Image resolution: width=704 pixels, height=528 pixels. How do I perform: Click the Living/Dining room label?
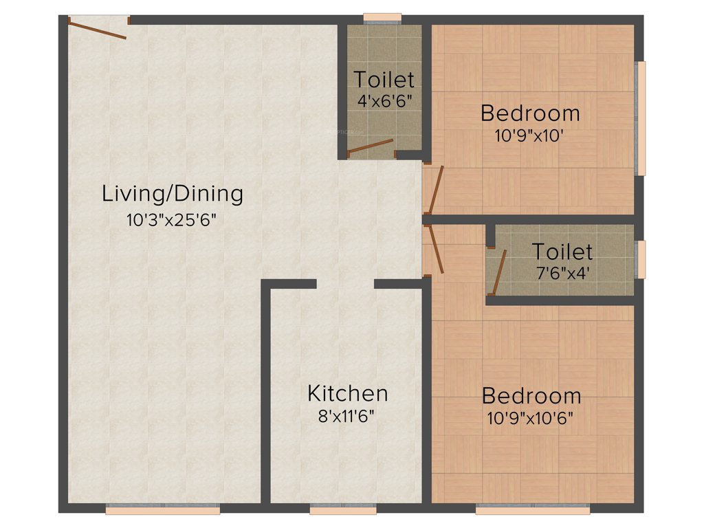pyautogui.click(x=173, y=194)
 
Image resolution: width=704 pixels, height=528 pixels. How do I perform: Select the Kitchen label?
pyautogui.click(x=347, y=394)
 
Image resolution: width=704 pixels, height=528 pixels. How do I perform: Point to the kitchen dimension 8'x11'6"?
pyautogui.click(x=347, y=417)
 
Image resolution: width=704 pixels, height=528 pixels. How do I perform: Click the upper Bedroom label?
pyautogui.click(x=530, y=113)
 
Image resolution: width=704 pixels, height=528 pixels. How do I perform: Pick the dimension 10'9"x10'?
pyautogui.click(x=530, y=135)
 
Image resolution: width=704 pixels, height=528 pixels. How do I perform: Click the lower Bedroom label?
pyautogui.click(x=531, y=396)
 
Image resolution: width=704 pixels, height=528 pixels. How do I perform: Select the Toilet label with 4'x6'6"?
pyautogui.click(x=384, y=79)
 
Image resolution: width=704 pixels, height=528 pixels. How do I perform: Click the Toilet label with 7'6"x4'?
pyautogui.click(x=562, y=251)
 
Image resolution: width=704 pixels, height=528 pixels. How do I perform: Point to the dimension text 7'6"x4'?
pyautogui.click(x=562, y=272)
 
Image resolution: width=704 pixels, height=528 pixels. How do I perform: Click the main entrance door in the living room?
pyautogui.click(x=97, y=29)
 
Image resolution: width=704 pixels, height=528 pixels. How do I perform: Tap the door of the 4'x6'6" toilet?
pyautogui.click(x=371, y=146)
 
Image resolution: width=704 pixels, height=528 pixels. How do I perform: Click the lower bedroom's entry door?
pyautogui.click(x=435, y=250)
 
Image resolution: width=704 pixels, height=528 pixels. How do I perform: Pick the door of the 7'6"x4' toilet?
pyautogui.click(x=500, y=272)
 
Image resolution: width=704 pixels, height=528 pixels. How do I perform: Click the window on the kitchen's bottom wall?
pyautogui.click(x=343, y=510)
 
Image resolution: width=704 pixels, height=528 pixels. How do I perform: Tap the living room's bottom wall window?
pyautogui.click(x=163, y=510)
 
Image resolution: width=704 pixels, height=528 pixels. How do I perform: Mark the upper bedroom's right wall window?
pyautogui.click(x=641, y=118)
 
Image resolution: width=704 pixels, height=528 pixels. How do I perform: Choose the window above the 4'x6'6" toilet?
pyautogui.click(x=382, y=18)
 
